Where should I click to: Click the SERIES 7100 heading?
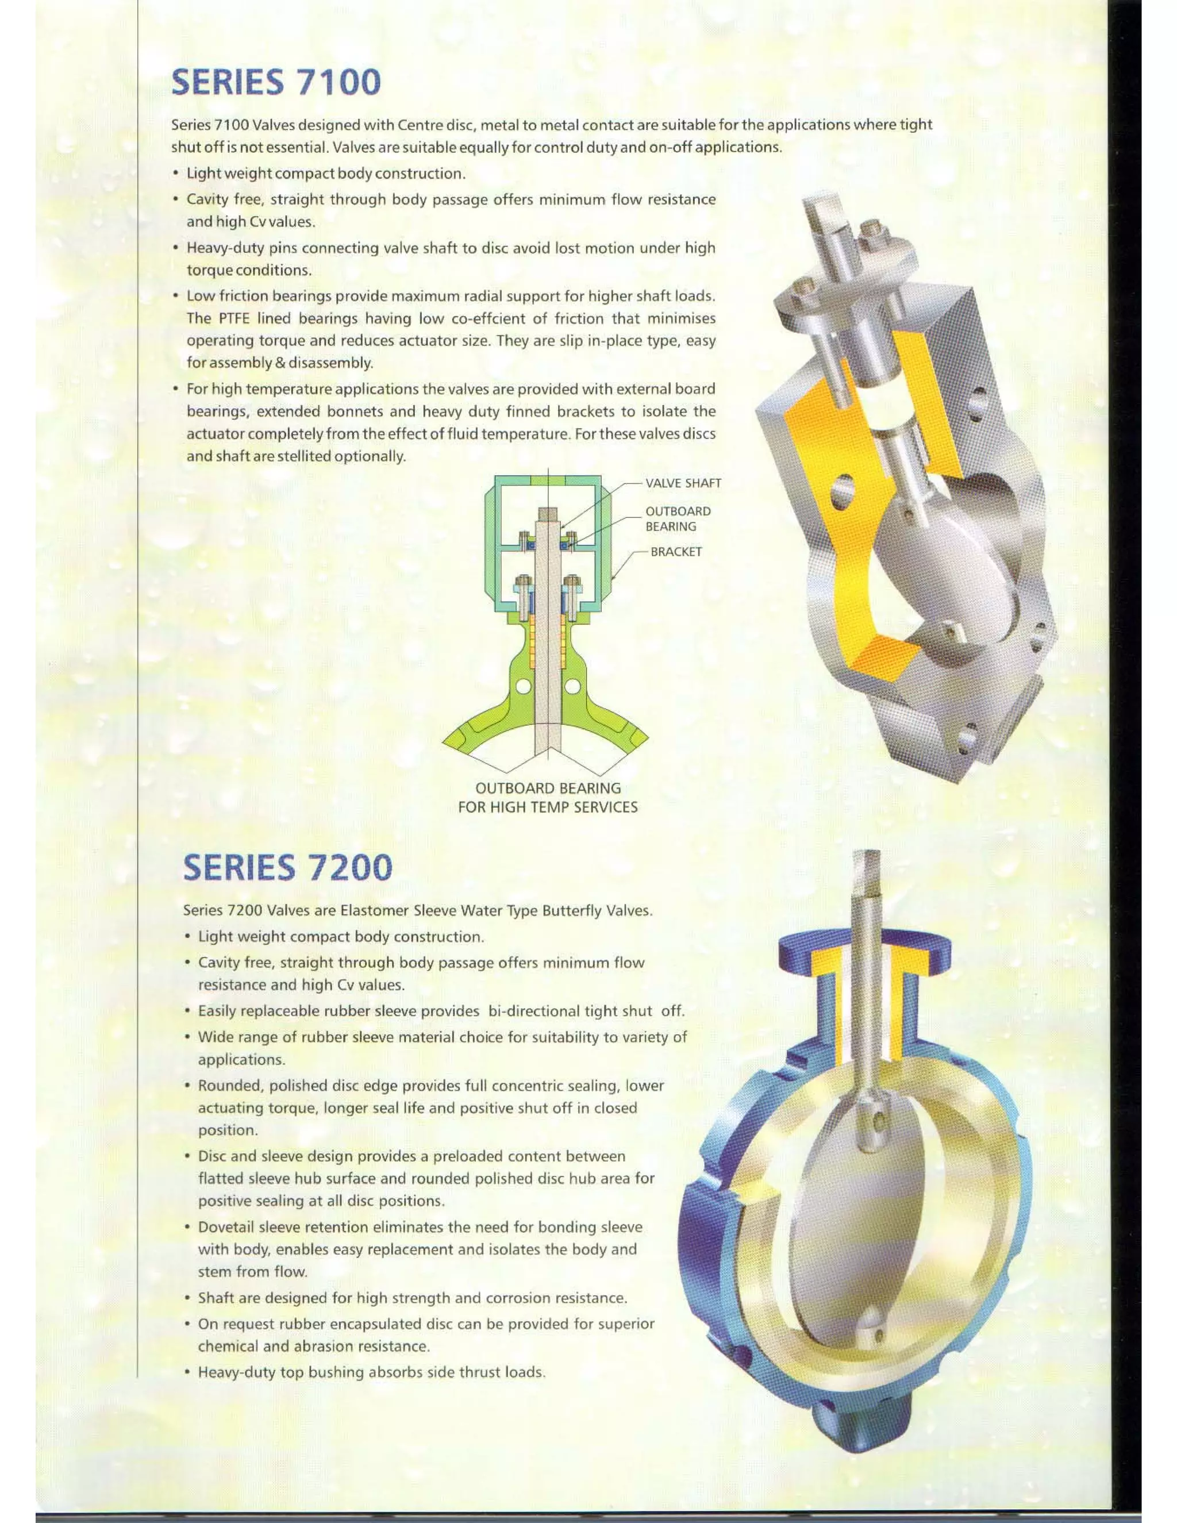276,82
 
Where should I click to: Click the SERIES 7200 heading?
287,867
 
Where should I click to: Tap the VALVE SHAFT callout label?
683,483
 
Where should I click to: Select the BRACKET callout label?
676,552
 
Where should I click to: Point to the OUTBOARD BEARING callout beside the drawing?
677,519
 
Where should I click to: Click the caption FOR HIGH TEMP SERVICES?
547,807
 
